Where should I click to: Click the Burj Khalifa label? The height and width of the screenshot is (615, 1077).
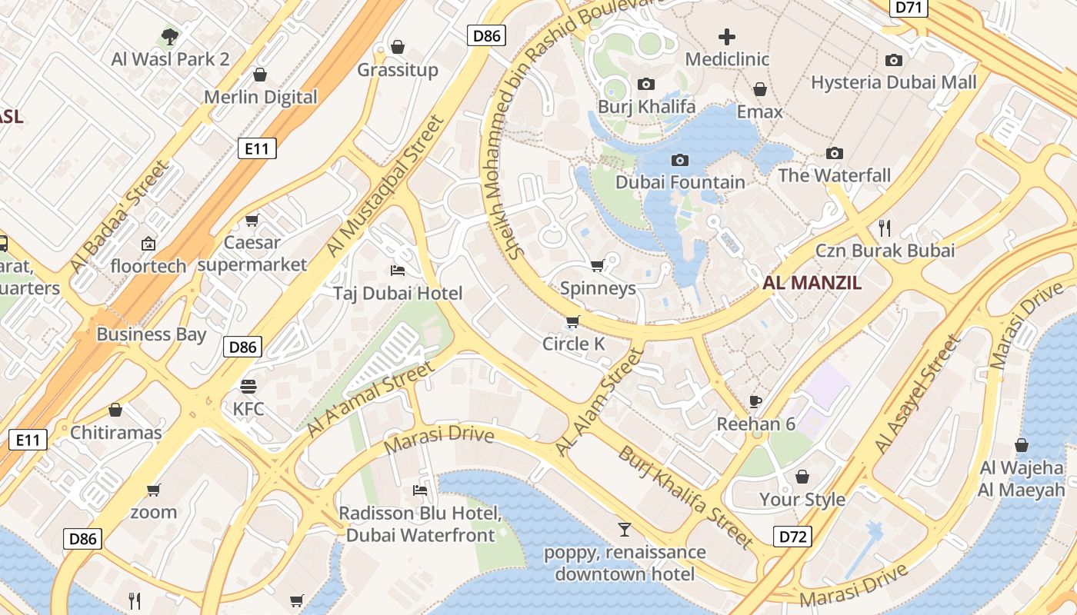coord(646,107)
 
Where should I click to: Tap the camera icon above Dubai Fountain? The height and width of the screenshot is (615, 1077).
coord(679,160)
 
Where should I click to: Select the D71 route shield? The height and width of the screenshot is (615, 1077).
coord(909,8)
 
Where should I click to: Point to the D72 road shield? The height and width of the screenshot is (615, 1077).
coord(792,536)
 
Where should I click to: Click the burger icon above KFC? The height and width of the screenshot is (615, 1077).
coord(248,386)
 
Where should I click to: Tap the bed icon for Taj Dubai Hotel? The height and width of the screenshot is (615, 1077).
coord(398,271)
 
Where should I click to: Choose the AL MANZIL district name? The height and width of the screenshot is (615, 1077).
coord(812,283)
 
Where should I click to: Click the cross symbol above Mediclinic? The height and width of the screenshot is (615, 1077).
coord(726,36)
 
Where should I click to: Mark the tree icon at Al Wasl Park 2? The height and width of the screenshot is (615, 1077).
coord(170,36)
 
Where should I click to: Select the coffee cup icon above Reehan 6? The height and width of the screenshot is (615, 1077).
coord(755,401)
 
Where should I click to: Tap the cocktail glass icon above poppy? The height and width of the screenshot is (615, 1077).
coord(624,529)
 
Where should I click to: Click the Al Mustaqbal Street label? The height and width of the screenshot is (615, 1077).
coord(386,186)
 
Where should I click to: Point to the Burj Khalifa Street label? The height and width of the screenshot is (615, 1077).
coord(685,497)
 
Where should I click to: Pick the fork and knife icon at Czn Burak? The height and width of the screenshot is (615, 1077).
coord(885,228)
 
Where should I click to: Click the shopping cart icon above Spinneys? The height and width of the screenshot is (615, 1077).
coord(597,266)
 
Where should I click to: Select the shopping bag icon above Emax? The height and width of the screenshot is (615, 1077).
coord(759,89)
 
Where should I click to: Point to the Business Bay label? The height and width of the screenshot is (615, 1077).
coord(152,334)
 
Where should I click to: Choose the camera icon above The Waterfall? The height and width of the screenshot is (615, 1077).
coord(834,153)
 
